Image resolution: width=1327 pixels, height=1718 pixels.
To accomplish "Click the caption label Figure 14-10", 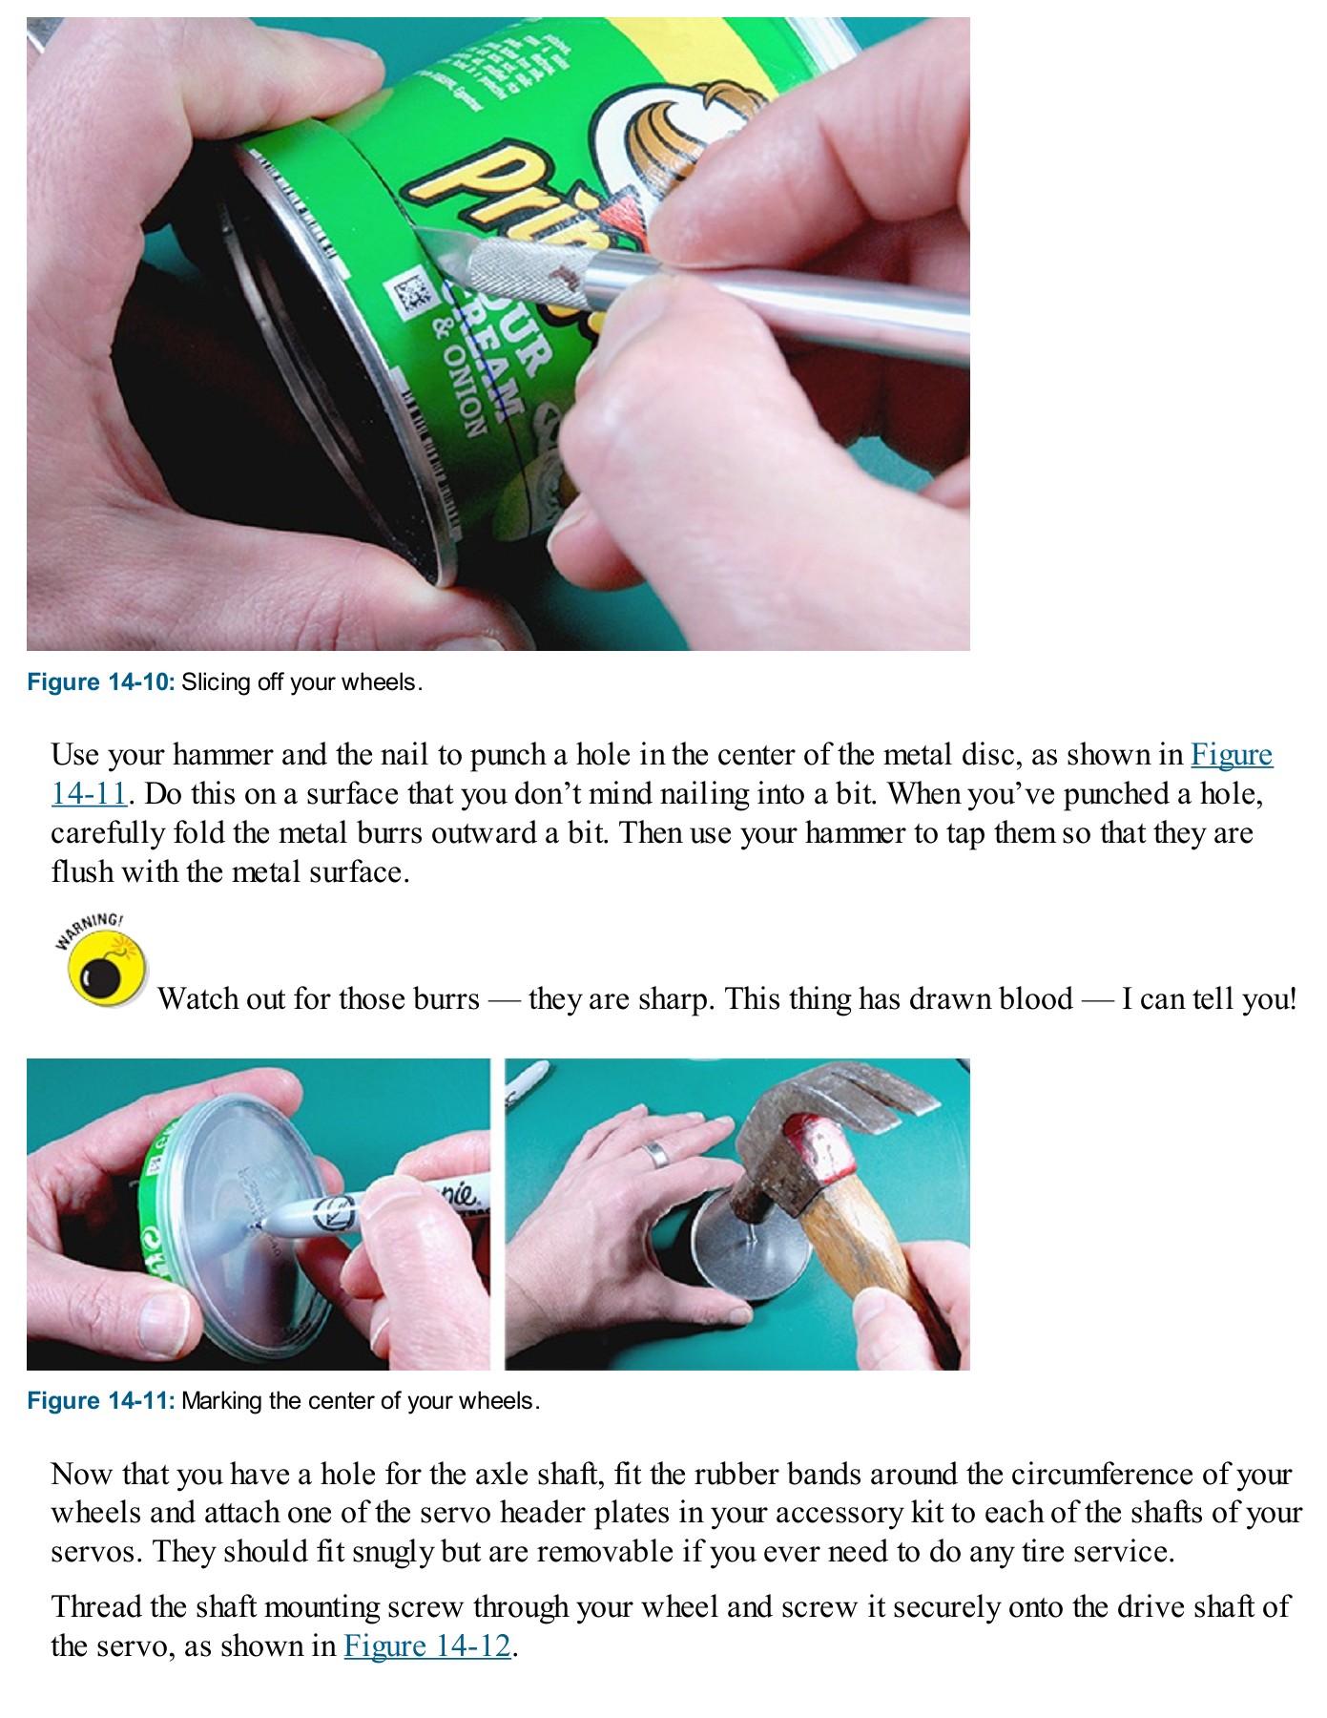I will (x=100, y=682).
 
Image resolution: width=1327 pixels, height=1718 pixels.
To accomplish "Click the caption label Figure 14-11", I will (x=100, y=1401).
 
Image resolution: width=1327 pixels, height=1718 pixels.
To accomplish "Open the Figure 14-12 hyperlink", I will (x=427, y=1645).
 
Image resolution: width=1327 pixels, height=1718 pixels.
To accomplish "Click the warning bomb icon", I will (x=103, y=969).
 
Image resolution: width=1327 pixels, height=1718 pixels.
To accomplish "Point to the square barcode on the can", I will (x=412, y=295).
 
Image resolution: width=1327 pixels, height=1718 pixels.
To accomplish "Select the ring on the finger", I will (x=655, y=1155).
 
